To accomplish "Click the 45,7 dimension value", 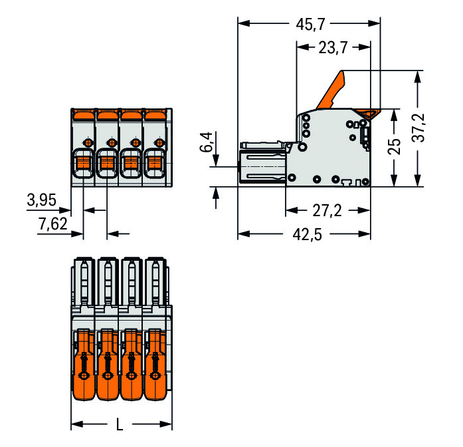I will (310, 24).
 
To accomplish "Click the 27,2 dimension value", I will (327, 211).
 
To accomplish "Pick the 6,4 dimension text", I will (207, 143).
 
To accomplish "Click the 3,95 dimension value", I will (41, 200).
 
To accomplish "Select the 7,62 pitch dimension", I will (53, 224).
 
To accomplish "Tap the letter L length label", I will (120, 424).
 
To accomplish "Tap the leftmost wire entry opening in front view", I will (82, 163).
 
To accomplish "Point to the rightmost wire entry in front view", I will (154, 163).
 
